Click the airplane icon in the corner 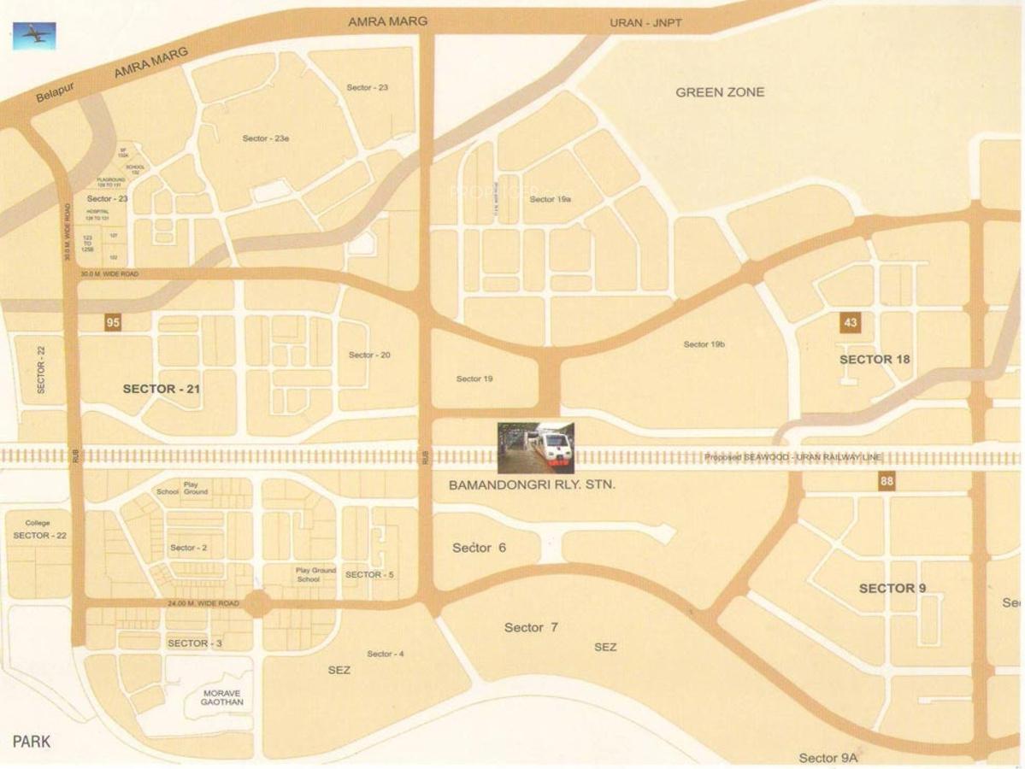point(34,36)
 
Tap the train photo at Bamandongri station point(536,447)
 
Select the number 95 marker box point(113,322)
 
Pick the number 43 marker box point(849,323)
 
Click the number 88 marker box point(887,482)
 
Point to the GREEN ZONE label point(720,92)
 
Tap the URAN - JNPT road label point(645,22)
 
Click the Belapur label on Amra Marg point(56,92)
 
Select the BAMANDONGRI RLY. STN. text point(532,484)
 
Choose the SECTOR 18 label point(875,359)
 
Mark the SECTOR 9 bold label point(892,588)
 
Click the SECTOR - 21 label point(161,389)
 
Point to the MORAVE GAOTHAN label point(221,697)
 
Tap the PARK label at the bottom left point(32,741)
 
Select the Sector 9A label point(828,758)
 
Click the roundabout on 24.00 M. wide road point(258,604)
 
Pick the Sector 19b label point(704,344)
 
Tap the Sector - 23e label point(266,138)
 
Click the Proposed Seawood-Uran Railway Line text point(792,457)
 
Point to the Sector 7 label point(531,627)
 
